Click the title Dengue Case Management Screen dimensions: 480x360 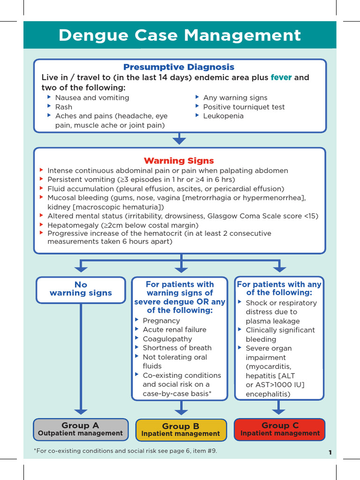180,36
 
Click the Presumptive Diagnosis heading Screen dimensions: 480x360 179,67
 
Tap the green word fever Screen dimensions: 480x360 281,77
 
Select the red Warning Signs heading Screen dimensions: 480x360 179,161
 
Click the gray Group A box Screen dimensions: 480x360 81,429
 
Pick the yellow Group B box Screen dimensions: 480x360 180,430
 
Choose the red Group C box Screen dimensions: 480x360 280,429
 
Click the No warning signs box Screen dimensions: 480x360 81,289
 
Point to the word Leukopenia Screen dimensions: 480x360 223,116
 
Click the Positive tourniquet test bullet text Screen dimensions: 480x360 244,107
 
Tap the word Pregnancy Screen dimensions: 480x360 161,321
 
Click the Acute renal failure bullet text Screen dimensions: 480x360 174,330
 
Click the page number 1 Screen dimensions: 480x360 330,453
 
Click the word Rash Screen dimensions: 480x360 64,107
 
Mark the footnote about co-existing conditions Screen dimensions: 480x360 125,451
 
